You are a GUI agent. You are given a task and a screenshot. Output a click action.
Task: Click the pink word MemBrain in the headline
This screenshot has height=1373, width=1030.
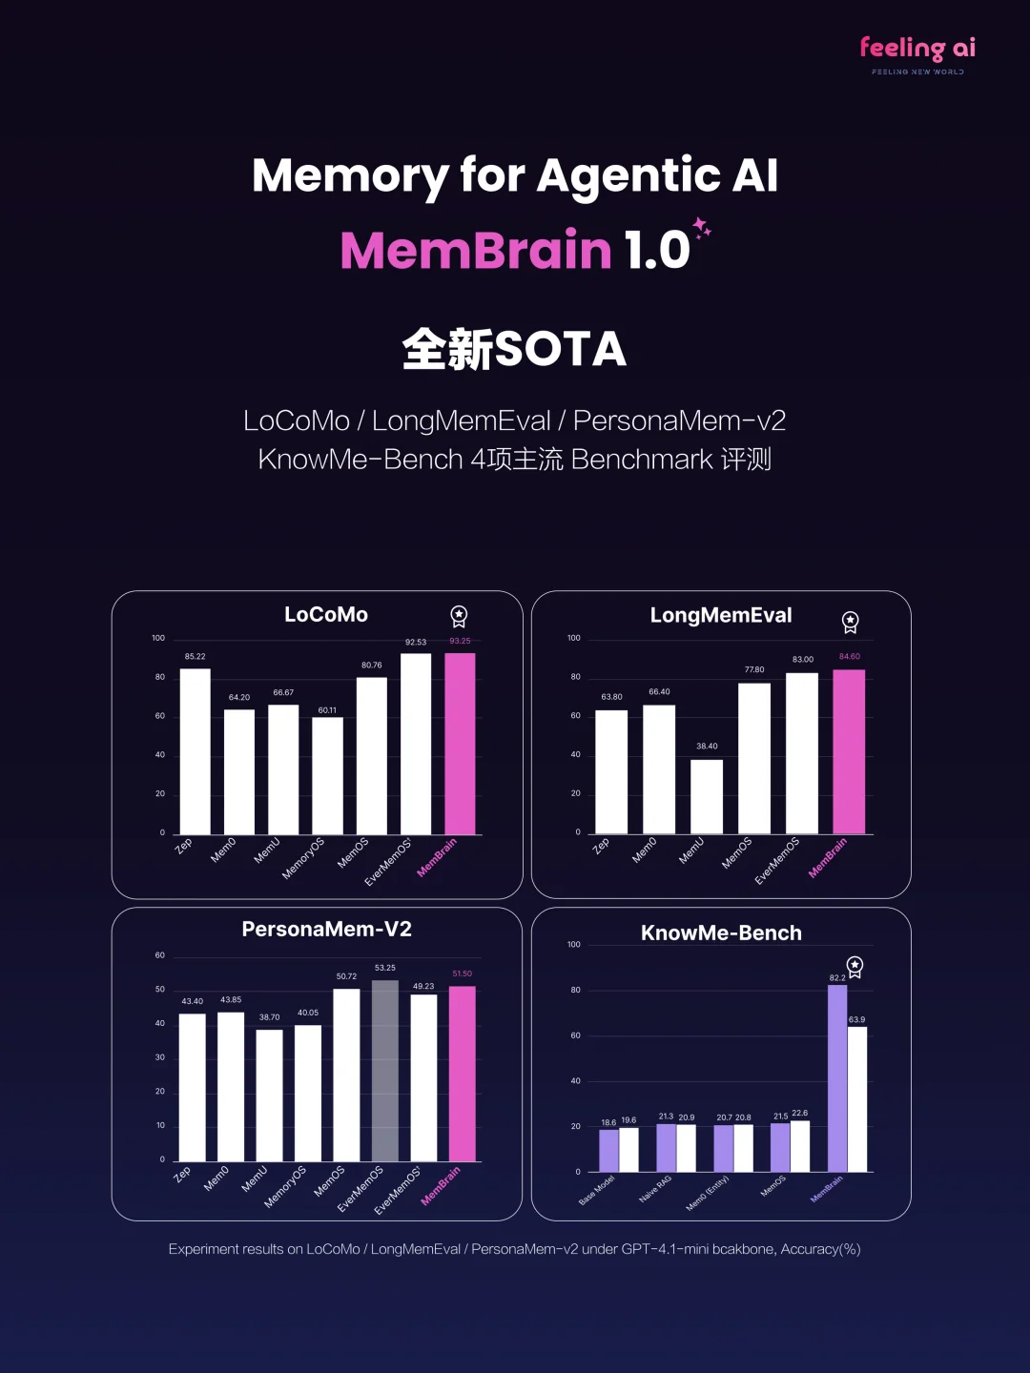tap(476, 251)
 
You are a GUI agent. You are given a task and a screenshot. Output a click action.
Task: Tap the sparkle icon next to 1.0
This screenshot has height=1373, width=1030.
tap(702, 228)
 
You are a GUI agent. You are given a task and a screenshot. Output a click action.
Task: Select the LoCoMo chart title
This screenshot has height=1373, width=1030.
tap(326, 615)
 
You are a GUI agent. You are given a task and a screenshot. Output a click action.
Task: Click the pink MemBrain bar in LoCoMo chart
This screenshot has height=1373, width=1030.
tap(460, 744)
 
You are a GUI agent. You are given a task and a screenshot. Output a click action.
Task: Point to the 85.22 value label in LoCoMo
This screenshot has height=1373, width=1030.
tap(195, 657)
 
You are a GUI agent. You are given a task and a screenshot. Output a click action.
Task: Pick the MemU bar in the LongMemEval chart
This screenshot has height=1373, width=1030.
tap(707, 796)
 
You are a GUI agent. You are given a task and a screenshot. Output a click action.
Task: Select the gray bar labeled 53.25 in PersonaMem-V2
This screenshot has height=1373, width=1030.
tap(385, 1070)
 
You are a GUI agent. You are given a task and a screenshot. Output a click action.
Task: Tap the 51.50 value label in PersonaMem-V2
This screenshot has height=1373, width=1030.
tap(462, 973)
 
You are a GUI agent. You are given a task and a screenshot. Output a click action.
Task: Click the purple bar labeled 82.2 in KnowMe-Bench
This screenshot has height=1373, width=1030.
tap(837, 1077)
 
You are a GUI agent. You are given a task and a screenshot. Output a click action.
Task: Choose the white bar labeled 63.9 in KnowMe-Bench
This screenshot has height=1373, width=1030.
tap(857, 1098)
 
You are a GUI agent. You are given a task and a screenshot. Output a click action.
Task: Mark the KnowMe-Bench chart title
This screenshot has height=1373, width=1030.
tap(721, 933)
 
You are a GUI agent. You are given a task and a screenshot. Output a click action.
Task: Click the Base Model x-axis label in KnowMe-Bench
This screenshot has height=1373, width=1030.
tap(597, 1190)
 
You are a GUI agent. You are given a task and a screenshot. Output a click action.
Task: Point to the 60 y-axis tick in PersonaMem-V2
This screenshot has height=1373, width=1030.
tap(160, 955)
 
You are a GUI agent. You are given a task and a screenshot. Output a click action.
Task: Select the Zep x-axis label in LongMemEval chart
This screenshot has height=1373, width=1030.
tap(601, 846)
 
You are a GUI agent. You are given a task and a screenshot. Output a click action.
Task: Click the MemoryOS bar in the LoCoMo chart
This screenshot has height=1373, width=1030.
tap(327, 775)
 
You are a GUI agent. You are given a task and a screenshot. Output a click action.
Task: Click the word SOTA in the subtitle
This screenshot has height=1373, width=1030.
tap(561, 350)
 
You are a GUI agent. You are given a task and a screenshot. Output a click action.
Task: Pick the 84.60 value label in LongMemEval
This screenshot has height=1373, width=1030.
tap(849, 656)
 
